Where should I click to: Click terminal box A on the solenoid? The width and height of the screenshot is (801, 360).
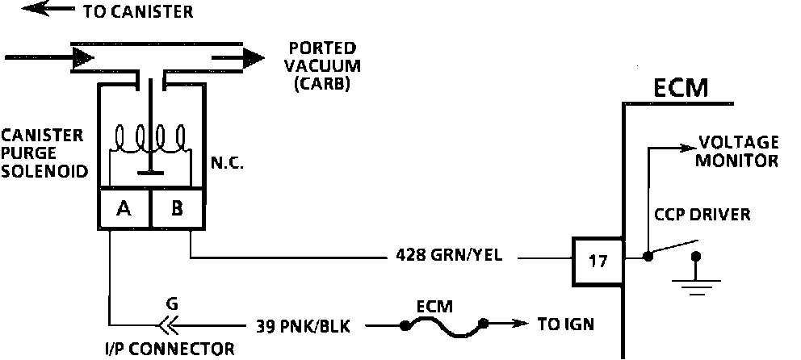coord(124,209)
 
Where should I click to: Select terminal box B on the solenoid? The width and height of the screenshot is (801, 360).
coord(177,209)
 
